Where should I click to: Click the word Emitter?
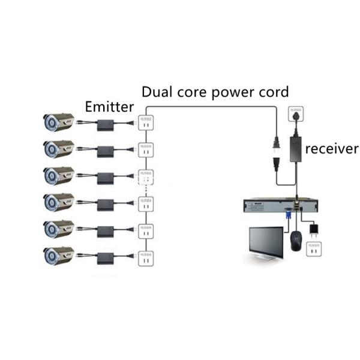109,107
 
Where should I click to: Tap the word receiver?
331,148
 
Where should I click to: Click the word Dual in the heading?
158,92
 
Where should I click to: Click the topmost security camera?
58,122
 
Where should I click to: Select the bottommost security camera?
58,256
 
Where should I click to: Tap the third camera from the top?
58,175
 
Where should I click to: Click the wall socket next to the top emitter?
144,121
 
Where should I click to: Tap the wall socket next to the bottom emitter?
144,254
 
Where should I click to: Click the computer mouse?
295,241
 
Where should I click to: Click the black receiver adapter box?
295,145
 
